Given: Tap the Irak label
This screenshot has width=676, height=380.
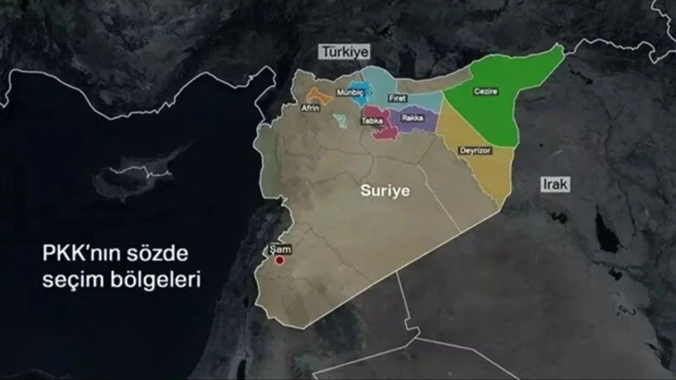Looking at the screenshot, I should (x=555, y=184).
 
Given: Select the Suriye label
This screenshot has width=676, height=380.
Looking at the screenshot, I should (x=385, y=191).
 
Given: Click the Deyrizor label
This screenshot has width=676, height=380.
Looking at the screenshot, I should (x=475, y=151).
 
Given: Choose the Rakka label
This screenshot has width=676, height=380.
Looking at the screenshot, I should (x=412, y=118).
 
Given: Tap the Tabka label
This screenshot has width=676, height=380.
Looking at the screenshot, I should (x=371, y=121).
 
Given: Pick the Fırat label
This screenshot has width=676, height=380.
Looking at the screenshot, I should (x=398, y=98).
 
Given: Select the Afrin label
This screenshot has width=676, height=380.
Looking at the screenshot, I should (x=310, y=108).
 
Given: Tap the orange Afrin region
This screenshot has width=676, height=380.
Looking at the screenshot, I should (x=319, y=96).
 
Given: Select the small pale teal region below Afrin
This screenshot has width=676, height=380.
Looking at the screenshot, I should (x=340, y=121).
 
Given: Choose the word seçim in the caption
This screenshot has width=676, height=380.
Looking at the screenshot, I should (x=68, y=280).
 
